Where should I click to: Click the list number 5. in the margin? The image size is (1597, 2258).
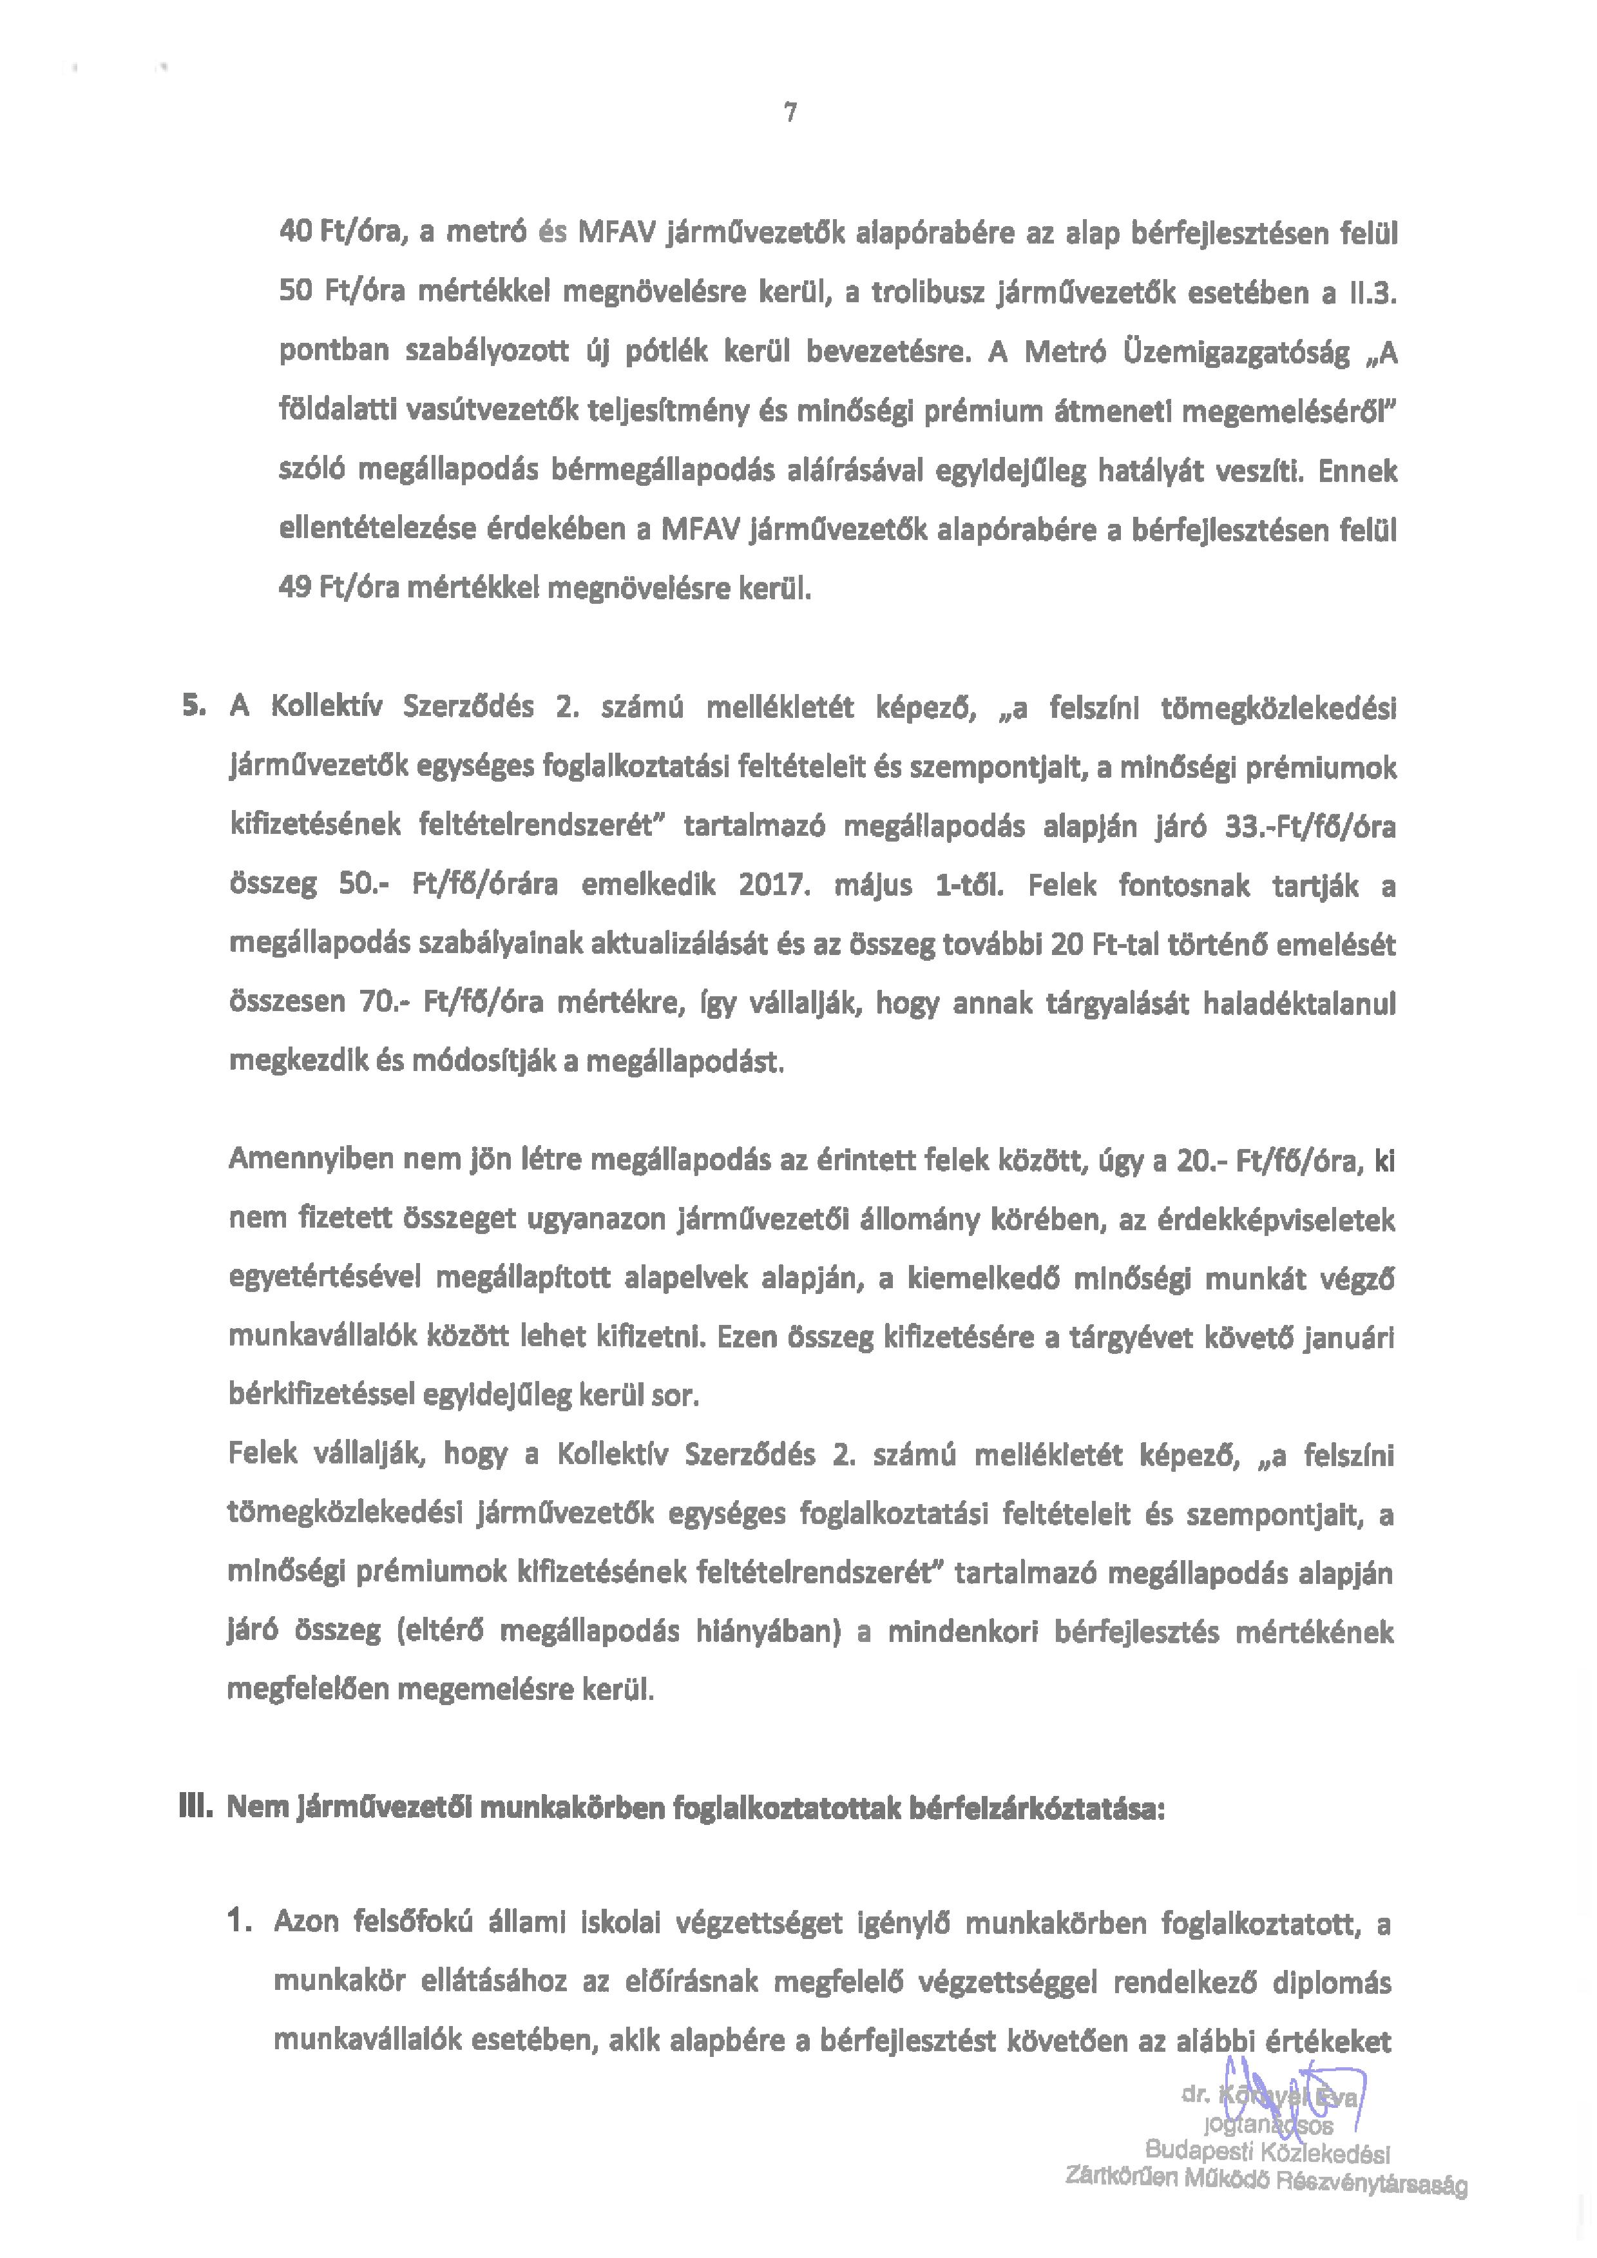194,706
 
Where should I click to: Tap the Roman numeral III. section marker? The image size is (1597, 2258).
196,1808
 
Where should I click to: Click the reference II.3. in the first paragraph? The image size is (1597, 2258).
1371,293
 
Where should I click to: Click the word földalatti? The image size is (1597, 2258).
333,412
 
